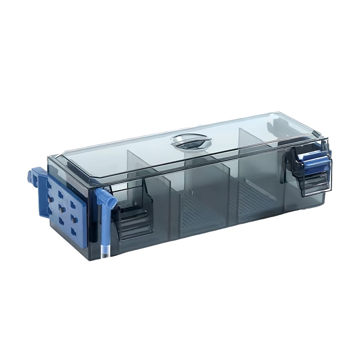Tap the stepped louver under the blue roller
point(313,182)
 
